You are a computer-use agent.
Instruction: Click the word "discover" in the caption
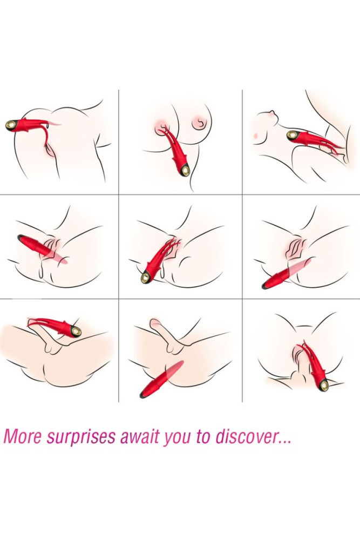(x=245, y=436)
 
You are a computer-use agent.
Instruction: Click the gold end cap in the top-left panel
(x=11, y=125)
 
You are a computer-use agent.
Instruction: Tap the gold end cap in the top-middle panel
(x=186, y=171)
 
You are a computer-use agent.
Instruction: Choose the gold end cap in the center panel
(x=145, y=278)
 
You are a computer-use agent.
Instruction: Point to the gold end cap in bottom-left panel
(x=76, y=331)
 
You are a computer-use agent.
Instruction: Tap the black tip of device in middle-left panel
(x=21, y=237)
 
